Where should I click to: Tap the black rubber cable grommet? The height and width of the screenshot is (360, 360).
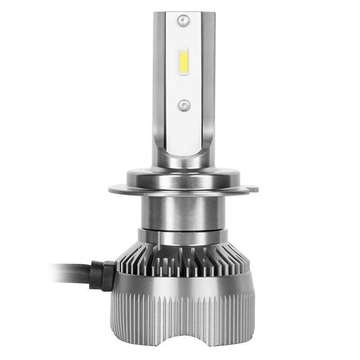[103, 272]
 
